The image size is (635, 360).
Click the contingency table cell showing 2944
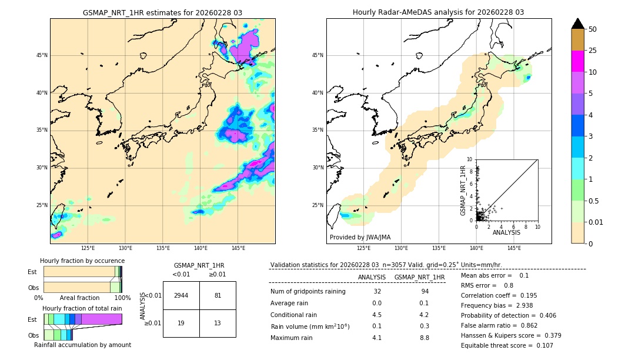181,295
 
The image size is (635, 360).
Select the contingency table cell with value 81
218,295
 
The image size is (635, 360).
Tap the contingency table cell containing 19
181,323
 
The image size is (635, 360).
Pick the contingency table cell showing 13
218,323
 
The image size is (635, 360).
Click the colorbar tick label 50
593,29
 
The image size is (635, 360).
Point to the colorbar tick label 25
593,51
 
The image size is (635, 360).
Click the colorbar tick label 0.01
596,222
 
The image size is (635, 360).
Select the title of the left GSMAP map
162,12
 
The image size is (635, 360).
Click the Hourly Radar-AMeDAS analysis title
438,12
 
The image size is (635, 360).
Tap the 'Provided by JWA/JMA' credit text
360,237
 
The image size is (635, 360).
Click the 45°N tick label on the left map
42,55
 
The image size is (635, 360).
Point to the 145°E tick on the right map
514,248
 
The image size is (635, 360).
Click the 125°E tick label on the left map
88,248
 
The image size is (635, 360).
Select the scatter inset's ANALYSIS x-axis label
506,232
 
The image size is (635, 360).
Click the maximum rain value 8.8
424,338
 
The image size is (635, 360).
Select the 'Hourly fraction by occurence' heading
82,261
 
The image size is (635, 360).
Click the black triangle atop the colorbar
578,24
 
